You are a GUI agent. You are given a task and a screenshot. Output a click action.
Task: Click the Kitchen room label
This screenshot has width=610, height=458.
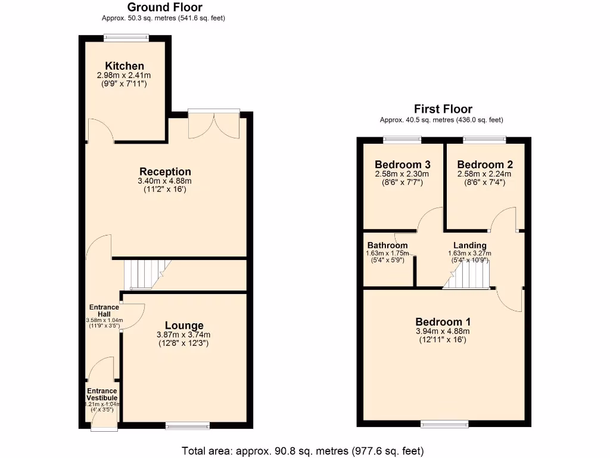[125, 66]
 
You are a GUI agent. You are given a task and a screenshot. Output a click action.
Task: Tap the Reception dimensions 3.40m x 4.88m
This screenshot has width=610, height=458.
[164, 181]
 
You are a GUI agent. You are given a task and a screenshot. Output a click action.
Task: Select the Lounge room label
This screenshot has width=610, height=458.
[184, 326]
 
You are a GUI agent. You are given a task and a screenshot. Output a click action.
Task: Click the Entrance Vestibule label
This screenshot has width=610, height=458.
[102, 395]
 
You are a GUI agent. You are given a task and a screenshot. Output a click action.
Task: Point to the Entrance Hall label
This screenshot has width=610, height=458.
[104, 311]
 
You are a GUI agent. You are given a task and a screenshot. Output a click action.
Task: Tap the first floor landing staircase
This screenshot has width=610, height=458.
[467, 277]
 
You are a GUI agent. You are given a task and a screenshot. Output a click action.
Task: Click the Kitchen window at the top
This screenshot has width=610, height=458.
[126, 38]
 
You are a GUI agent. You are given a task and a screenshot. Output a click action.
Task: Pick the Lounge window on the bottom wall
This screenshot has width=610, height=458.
[187, 425]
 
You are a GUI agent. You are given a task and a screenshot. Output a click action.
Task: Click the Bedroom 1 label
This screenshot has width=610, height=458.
[443, 321]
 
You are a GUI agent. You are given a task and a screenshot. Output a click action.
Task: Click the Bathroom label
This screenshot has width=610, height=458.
[387, 245]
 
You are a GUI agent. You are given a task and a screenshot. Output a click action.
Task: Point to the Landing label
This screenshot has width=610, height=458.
[469, 245]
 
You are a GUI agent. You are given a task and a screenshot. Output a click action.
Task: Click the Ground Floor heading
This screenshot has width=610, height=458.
[164, 8]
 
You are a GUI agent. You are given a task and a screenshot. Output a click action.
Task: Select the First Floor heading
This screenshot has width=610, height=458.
[443, 109]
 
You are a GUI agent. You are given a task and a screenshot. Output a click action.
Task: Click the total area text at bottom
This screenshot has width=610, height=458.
[303, 450]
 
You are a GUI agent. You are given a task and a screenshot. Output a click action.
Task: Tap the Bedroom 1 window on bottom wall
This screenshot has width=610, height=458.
[443, 424]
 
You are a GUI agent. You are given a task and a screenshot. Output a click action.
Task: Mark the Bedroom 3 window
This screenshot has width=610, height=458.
[402, 140]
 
